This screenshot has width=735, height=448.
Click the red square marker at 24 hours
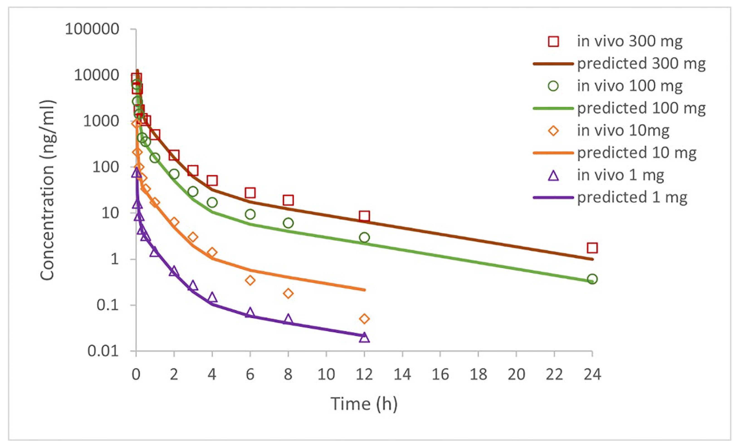pyautogui.click(x=592, y=248)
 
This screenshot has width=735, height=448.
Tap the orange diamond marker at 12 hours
pyautogui.click(x=364, y=319)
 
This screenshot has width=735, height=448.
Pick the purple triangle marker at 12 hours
pyautogui.click(x=364, y=338)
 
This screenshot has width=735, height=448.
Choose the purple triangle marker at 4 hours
pyautogui.click(x=212, y=298)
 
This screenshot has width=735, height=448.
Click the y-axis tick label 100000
pyautogui.click(x=92, y=29)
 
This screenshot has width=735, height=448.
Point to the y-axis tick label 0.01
pyautogui.click(x=103, y=351)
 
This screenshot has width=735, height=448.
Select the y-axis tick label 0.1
pyautogui.click(x=108, y=305)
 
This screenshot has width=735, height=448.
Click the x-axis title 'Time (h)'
pyautogui.click(x=364, y=404)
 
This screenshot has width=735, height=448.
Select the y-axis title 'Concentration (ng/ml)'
pyautogui.click(x=47, y=190)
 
